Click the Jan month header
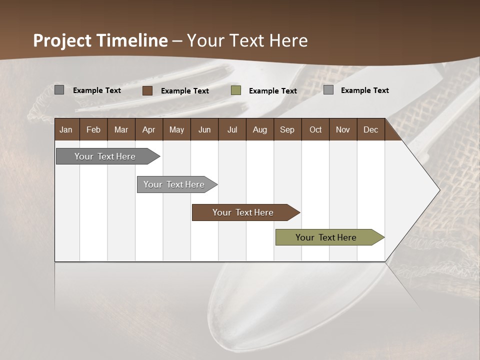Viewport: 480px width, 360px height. [x=66, y=130]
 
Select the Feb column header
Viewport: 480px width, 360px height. [x=93, y=130]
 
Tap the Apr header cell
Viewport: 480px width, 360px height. [x=148, y=130]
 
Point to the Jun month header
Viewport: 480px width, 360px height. [x=204, y=130]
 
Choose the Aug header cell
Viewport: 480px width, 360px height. [x=259, y=130]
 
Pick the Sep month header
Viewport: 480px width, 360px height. [x=287, y=130]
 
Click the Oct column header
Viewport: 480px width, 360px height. [x=315, y=130]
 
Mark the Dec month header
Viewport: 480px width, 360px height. [x=370, y=130]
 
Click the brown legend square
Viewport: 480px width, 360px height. [x=147, y=90]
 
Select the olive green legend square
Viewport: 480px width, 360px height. [x=236, y=90]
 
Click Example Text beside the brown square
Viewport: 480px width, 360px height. [x=185, y=91]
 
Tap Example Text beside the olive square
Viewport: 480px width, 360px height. [x=273, y=91]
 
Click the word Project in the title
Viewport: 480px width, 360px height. [x=62, y=40]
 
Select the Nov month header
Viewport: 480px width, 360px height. [x=343, y=130]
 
